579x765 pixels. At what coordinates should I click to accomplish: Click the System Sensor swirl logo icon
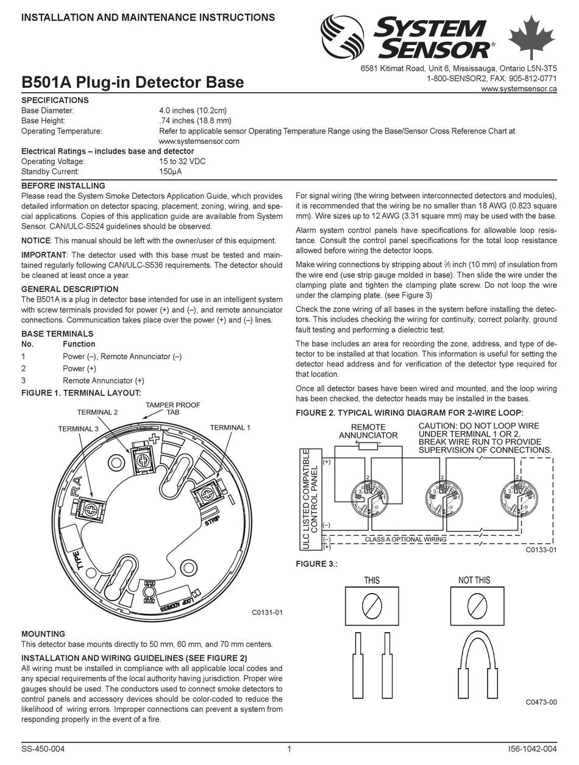click(342, 37)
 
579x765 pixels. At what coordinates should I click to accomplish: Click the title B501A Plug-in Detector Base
click(132, 82)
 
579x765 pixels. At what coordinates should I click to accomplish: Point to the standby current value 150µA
click(170, 171)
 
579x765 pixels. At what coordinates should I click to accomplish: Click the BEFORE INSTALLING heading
click(63, 185)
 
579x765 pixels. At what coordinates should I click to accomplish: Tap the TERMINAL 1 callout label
click(230, 428)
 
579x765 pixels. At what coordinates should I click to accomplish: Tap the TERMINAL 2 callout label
click(98, 412)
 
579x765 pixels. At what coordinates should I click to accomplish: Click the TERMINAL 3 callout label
click(78, 429)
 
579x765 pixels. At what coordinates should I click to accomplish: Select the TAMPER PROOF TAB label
click(173, 408)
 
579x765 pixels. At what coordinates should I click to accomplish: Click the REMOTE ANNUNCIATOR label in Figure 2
click(368, 432)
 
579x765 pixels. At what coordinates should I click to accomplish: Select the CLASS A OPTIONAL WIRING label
click(405, 539)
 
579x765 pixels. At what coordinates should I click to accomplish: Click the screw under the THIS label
click(372, 605)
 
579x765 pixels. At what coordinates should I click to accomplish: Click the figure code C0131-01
click(268, 612)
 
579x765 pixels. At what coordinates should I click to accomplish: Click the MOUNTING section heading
click(43, 634)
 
